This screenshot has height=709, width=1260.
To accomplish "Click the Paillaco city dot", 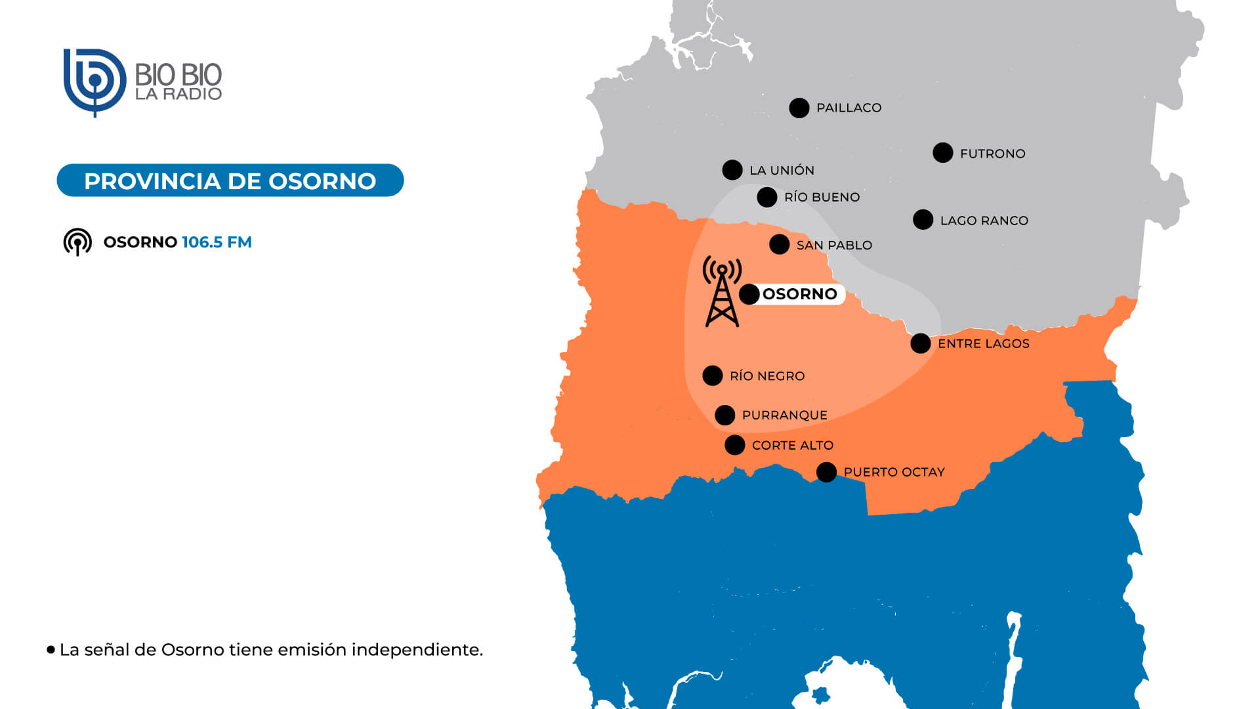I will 799,108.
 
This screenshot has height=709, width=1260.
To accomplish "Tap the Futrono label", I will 992,154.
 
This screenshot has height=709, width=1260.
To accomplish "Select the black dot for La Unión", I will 732,170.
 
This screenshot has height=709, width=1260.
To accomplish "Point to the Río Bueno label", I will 822,197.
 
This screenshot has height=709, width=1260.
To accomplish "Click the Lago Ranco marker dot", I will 923,220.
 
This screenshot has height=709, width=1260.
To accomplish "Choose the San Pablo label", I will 834,245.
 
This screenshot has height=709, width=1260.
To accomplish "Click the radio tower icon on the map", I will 722,292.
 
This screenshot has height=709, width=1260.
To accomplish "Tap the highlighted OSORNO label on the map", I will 799,293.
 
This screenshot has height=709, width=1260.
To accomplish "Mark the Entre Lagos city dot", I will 920,343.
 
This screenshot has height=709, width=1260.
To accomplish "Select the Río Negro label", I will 766,376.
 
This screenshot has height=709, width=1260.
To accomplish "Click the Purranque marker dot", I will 724,415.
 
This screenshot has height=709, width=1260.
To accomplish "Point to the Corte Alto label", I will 792,445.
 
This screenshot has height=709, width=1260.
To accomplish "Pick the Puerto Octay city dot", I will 826,472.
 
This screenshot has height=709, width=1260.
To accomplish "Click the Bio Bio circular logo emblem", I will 94,82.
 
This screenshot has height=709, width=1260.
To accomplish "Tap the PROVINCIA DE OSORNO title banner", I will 230,181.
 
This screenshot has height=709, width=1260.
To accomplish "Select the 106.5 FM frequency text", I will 217,242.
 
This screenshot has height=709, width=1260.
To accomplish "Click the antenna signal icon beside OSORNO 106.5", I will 77,242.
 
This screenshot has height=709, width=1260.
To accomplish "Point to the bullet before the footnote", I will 51,650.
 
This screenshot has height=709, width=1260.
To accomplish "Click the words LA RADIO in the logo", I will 178,94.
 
